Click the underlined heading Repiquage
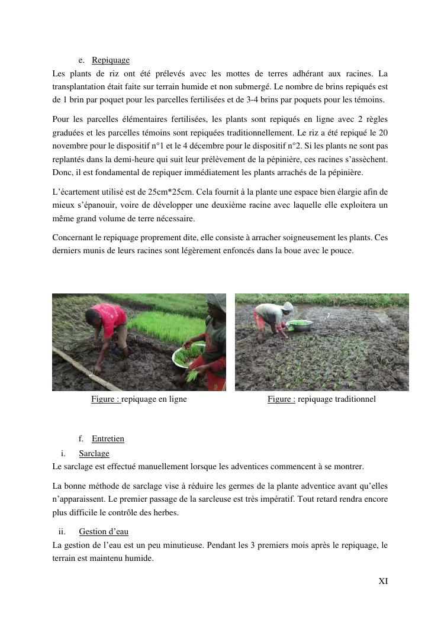point(111,60)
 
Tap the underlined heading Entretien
point(108,439)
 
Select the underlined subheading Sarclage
point(94,454)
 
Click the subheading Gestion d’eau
point(104,532)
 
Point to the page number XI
point(383,582)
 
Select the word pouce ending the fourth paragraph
point(343,251)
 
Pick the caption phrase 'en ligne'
point(173,399)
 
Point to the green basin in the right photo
point(301,324)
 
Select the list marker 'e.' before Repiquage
point(81,60)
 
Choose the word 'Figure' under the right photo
point(280,399)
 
